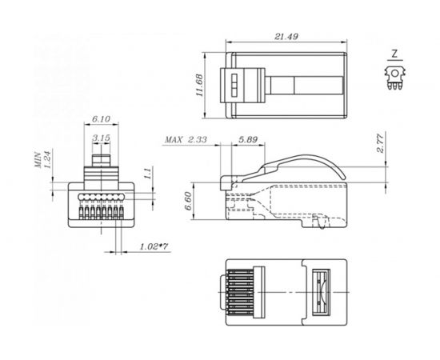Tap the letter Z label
[x=393, y=54]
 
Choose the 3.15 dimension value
[x=101, y=138]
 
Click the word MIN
[x=38, y=164]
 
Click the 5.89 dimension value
[x=248, y=139]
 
